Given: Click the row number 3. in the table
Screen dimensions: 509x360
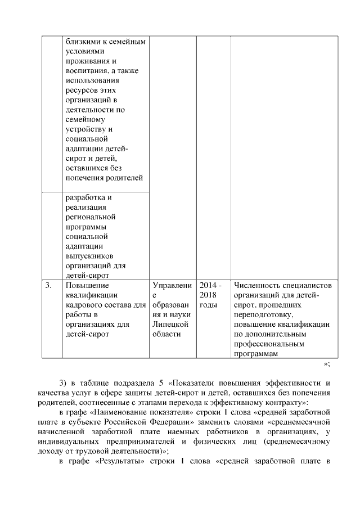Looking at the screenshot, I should (48, 286).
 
